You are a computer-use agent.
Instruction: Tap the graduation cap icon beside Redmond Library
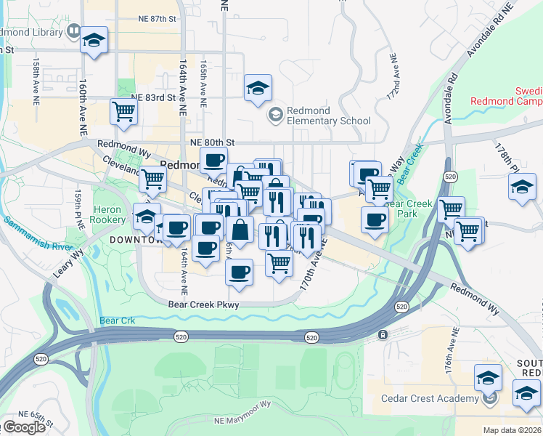tap(94, 41)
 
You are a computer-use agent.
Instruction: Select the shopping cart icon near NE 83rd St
tap(123, 112)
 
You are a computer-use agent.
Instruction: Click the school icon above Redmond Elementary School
tap(258, 89)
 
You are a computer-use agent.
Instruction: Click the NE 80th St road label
tap(212, 142)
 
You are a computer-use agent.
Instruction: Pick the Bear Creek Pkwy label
tap(203, 305)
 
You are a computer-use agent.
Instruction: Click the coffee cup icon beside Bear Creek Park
tap(375, 219)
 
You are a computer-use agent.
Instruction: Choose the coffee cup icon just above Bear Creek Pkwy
tap(239, 272)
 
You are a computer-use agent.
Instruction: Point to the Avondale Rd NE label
tap(491, 29)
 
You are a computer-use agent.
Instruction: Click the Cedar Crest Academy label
tap(430, 398)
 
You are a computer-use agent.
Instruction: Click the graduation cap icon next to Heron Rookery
tap(146, 217)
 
